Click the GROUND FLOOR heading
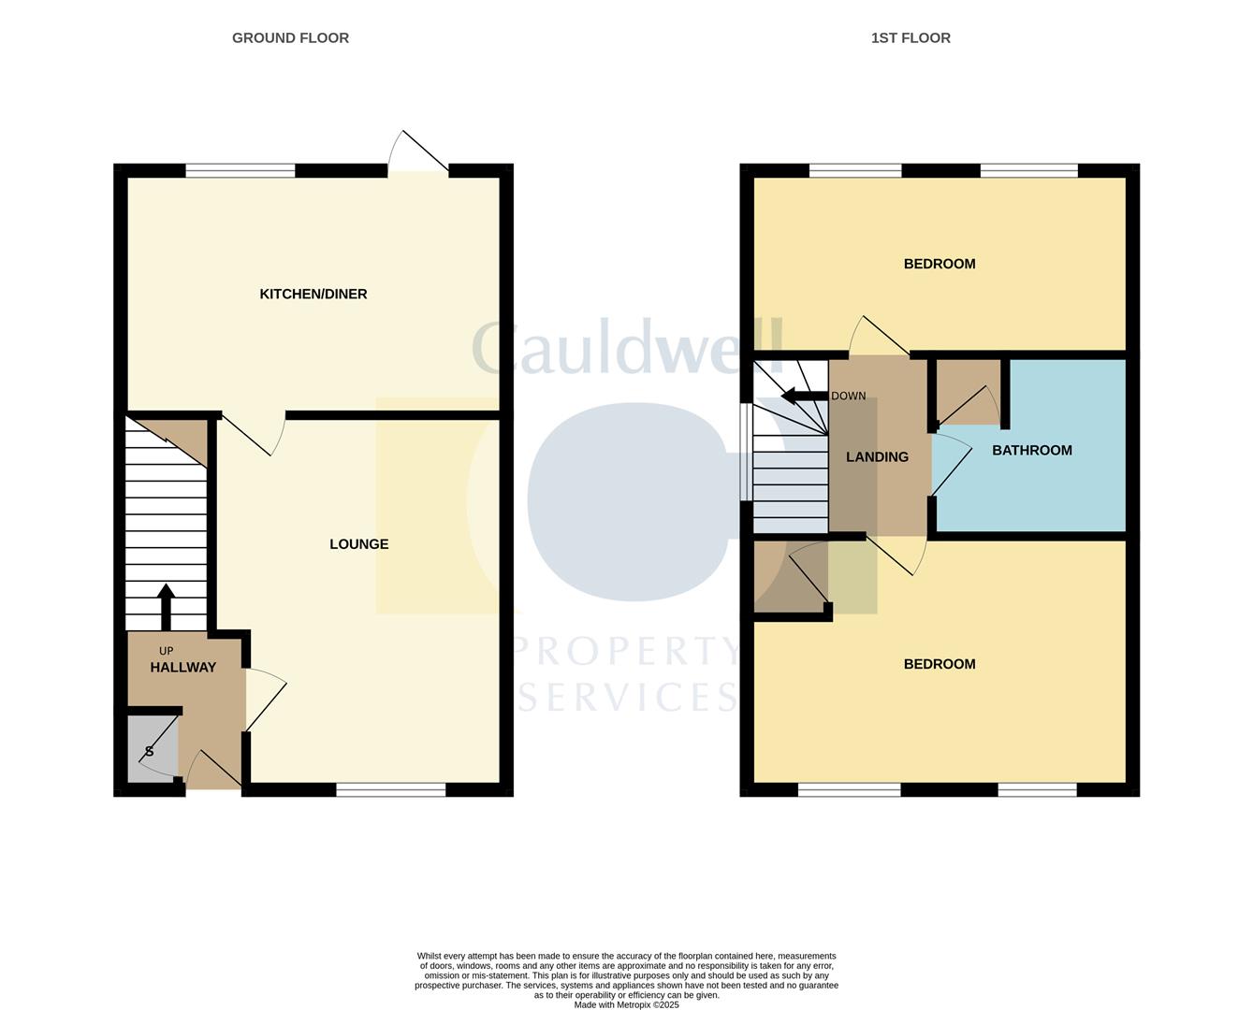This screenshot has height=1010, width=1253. (x=290, y=38)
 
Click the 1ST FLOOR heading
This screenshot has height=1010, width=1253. (x=911, y=38)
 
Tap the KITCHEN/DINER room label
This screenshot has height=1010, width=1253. (x=313, y=294)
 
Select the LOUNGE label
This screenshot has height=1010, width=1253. (x=358, y=544)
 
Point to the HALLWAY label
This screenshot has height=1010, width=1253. (x=183, y=668)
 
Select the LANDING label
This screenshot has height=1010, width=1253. (x=877, y=457)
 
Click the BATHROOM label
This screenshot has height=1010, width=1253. (x=1031, y=450)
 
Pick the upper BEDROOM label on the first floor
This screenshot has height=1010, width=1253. (x=940, y=264)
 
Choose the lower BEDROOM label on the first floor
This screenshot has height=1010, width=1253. (x=940, y=664)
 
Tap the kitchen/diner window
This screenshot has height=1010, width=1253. (x=240, y=170)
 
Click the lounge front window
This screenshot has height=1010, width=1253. (x=390, y=790)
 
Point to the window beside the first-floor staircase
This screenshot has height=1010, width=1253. (x=745, y=453)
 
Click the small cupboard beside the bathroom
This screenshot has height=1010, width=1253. (x=968, y=391)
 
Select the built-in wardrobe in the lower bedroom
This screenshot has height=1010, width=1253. (x=788, y=578)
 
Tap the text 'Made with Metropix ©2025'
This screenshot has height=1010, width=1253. (x=626, y=1004)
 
